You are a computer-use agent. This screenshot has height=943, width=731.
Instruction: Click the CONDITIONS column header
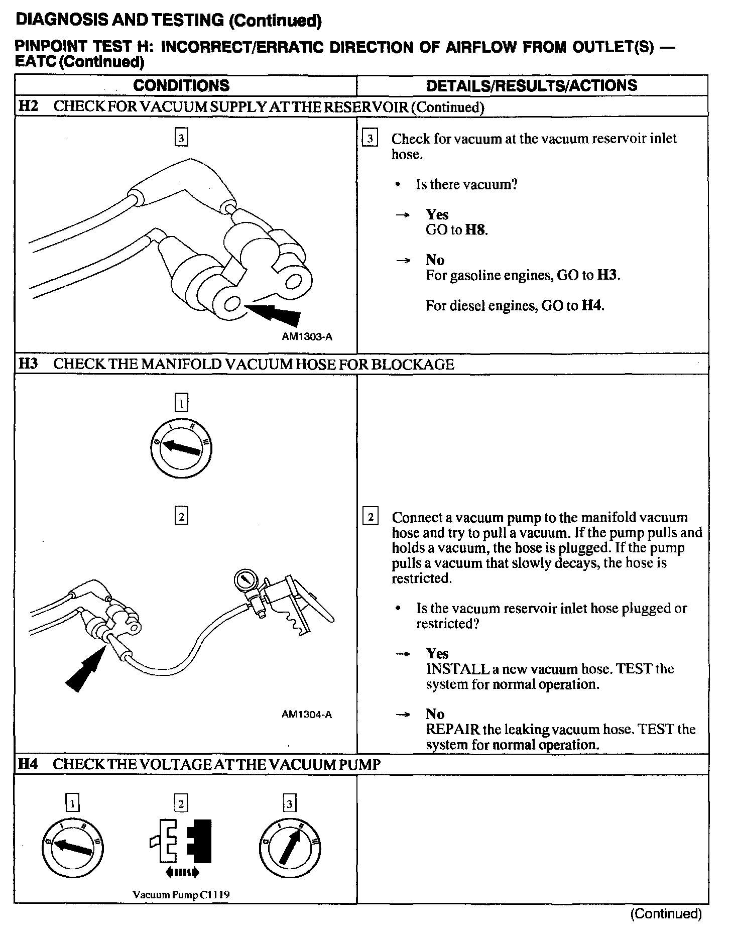181,85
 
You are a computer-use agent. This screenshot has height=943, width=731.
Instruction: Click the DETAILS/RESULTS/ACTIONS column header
532,85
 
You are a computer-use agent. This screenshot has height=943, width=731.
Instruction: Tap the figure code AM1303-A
307,337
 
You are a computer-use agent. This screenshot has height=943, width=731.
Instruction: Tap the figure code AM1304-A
307,715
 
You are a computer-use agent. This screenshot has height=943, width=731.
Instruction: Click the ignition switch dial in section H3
181,446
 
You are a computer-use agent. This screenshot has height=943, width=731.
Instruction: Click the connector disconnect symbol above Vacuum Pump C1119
181,849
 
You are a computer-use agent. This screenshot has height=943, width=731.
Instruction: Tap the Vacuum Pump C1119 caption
181,895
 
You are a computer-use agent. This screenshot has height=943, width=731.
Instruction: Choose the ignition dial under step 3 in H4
290,848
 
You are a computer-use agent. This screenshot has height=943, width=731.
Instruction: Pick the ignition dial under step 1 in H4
73,848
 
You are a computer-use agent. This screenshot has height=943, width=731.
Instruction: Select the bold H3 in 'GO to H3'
608,275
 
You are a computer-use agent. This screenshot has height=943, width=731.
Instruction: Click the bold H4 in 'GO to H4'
592,305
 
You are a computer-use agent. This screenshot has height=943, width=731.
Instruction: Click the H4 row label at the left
28,764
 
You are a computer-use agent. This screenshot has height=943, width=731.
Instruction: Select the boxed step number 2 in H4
181,804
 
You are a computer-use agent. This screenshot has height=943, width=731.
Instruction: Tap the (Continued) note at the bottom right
665,913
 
